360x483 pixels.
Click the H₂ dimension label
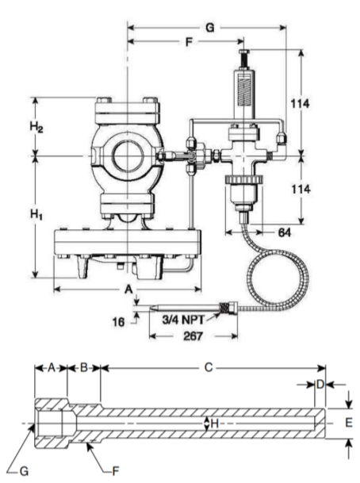point(36,127)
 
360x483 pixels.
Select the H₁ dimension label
point(36,214)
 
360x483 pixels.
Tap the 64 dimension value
point(284,232)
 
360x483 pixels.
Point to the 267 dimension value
point(193,336)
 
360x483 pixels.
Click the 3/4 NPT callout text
point(183,320)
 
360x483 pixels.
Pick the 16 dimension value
point(118,322)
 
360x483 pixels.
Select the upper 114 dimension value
point(301,104)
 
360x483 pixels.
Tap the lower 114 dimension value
point(301,189)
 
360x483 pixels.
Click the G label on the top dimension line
point(209,28)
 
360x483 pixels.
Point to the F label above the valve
point(189,41)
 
